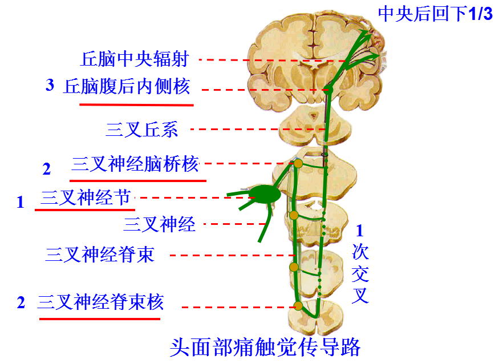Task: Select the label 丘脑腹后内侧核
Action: pyautogui.click(x=127, y=87)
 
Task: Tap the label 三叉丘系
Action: pyautogui.click(x=142, y=130)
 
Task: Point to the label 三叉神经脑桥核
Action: pyautogui.click(x=135, y=164)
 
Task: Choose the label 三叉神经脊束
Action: pyautogui.click(x=100, y=254)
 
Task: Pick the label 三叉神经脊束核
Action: pyautogui.click(x=100, y=301)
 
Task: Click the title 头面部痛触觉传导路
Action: pyautogui.click(x=265, y=347)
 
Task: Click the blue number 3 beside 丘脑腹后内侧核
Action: pyautogui.click(x=50, y=86)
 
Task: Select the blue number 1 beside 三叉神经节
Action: pyautogui.click(x=21, y=202)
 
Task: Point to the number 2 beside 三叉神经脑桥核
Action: pyautogui.click(x=47, y=170)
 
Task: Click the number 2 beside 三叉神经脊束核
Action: pyautogui.click(x=21, y=303)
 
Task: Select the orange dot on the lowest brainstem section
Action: pyautogui.click(x=298, y=306)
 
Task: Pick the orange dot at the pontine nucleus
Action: pyautogui.click(x=298, y=164)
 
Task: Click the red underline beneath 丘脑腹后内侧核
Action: pyautogui.click(x=136, y=104)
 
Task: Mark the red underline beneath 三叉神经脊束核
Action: pyautogui.click(x=102, y=318)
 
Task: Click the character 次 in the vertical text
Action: pyautogui.click(x=360, y=251)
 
